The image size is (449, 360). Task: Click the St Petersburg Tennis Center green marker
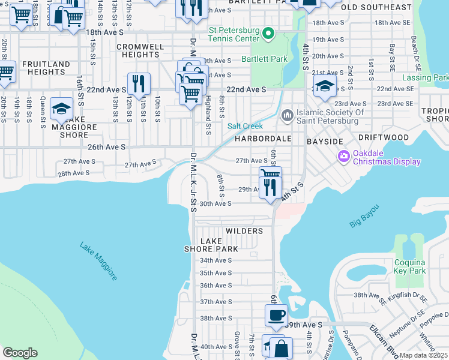269,33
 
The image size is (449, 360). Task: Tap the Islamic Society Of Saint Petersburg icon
288,114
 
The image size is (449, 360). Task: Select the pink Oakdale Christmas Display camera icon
344,157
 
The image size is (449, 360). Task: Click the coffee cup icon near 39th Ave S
276,314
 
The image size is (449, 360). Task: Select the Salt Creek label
245,126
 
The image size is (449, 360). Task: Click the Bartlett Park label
265,59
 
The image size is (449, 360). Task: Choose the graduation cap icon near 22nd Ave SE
325,85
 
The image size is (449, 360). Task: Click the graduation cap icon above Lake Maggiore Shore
61,108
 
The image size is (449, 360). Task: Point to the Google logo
20,353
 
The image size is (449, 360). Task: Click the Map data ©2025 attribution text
424,355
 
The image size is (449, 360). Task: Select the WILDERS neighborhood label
244,231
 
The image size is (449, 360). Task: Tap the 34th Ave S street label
215,260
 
